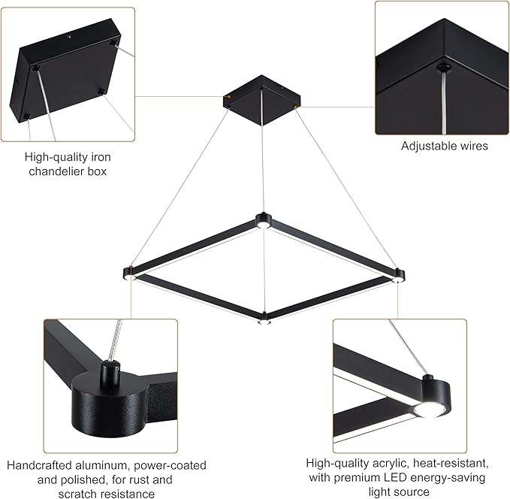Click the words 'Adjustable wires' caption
coord(444,146)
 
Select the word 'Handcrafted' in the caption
coord(40,465)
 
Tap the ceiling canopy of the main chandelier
coord(261,98)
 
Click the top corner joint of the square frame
coord(262,219)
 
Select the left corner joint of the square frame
coord(129,271)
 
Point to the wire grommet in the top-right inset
coord(445,68)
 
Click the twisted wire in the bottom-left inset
coord(116,339)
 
